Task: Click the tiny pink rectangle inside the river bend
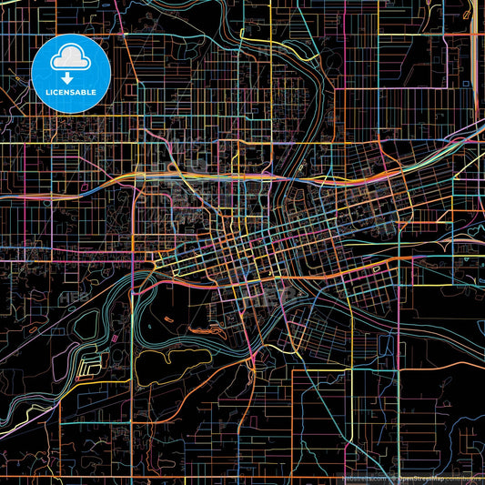(x=88, y=369)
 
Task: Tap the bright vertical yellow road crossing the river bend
(x=134, y=300)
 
